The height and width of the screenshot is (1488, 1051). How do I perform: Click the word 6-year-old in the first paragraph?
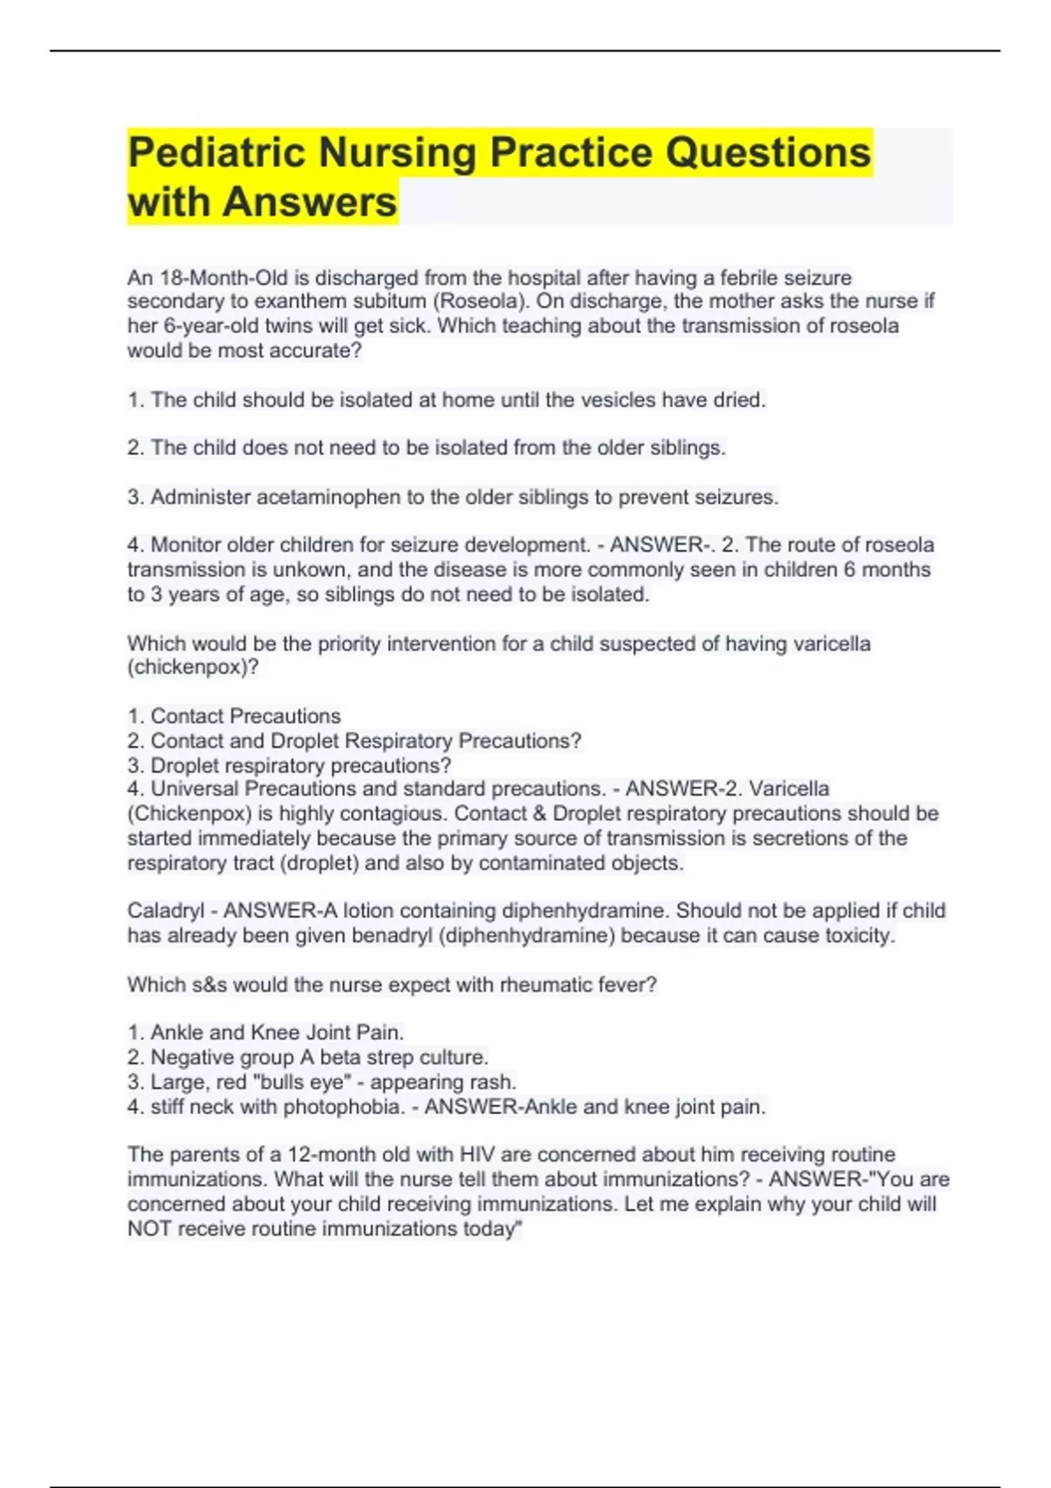210,326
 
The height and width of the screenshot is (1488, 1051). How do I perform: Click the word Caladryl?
166,911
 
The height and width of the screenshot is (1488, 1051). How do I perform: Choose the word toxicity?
859,936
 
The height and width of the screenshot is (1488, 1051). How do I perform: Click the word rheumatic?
542,985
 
